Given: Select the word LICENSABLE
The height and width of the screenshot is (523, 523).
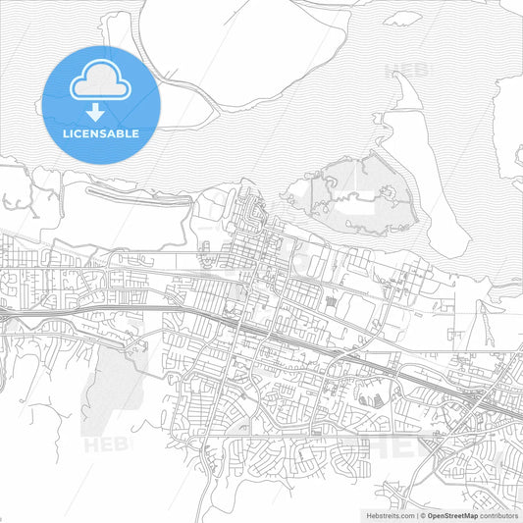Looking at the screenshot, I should point(101,132).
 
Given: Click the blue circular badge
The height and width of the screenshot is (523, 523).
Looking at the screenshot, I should point(101,104).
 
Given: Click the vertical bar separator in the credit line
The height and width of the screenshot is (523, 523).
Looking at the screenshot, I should point(415,514).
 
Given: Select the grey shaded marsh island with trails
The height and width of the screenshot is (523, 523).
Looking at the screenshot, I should point(348,191).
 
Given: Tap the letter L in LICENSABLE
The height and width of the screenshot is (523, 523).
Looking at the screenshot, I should point(66,132).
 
